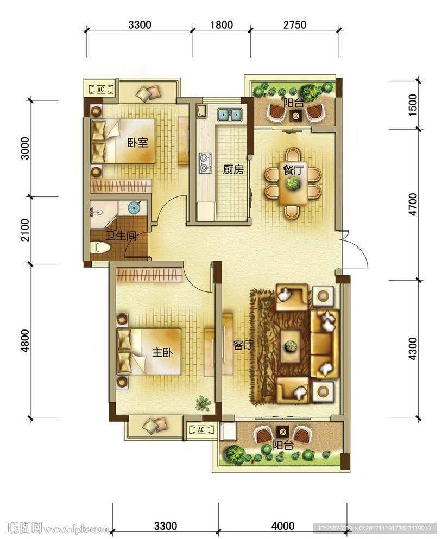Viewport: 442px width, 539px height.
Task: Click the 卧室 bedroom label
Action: tap(138, 142)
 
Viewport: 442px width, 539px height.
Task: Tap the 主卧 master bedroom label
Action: tap(162, 352)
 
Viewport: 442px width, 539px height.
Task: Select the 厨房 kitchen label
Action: tap(233, 169)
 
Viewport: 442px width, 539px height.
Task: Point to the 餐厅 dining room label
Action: tap(293, 170)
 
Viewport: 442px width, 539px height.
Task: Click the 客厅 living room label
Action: tap(243, 345)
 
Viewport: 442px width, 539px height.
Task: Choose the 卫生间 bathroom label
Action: tap(121, 236)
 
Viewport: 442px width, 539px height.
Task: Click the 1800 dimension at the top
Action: tap(222, 25)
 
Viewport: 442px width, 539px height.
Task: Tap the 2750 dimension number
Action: tap(295, 25)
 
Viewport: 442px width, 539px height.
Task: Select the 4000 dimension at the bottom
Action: tap(283, 526)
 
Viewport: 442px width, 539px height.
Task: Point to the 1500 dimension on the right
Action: tap(413, 105)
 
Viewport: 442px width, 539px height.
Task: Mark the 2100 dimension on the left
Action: tap(25, 230)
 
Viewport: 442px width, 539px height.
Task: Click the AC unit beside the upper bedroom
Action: tap(101, 90)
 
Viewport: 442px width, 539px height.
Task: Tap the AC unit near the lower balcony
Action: tap(201, 429)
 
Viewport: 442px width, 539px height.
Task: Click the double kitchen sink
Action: tap(230, 115)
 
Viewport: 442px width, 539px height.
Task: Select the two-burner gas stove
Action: tap(205, 163)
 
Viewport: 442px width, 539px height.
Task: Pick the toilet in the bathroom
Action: tap(100, 247)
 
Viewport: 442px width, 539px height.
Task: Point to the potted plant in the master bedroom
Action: tap(203, 403)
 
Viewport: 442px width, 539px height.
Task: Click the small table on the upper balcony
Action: tap(295, 116)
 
